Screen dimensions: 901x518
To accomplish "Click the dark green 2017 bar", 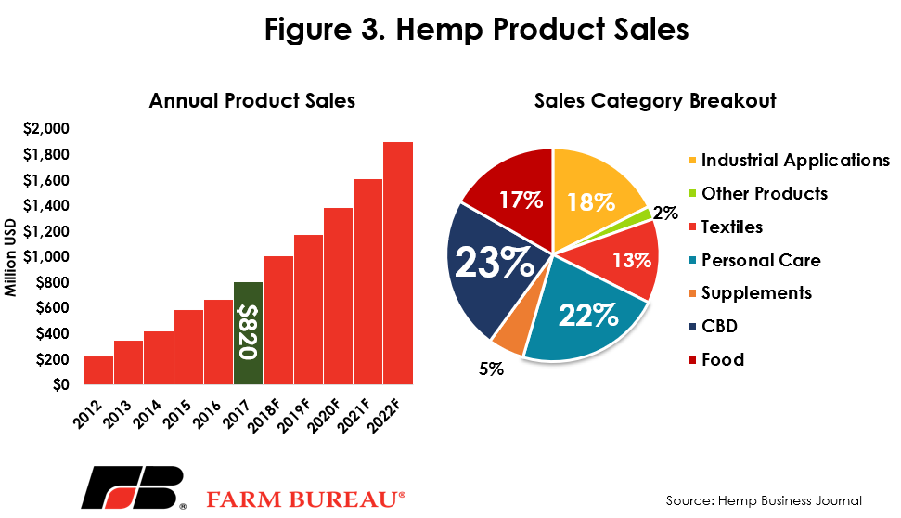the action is [x=249, y=333].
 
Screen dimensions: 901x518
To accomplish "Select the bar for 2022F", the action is [x=398, y=263].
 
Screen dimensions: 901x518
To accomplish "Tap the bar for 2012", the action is [x=99, y=370].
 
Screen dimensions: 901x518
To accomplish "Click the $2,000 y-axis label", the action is [x=46, y=128].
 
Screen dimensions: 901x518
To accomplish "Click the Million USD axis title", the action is [x=10, y=257].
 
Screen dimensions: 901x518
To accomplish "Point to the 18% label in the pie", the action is [x=591, y=201].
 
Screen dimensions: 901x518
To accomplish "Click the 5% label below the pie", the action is [x=491, y=369].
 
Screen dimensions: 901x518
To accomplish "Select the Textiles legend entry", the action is [x=726, y=227].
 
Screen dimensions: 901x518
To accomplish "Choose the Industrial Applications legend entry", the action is [x=789, y=160].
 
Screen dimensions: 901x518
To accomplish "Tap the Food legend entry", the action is [x=716, y=360].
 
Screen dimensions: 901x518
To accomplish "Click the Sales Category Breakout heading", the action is [x=655, y=101].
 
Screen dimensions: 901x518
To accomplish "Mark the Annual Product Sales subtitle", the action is [x=252, y=101].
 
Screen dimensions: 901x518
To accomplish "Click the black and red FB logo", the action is [x=134, y=487].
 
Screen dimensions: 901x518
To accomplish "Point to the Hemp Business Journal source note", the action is [x=764, y=500].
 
